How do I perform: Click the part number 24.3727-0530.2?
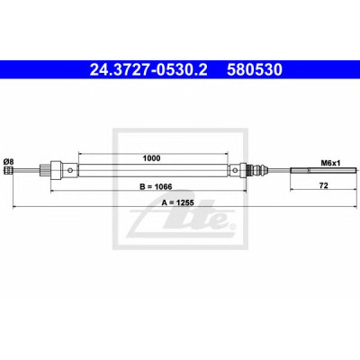pyautogui.click(x=148, y=70)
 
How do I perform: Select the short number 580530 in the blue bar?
pyautogui.click(x=255, y=70)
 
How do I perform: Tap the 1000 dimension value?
pyautogui.click(x=151, y=158)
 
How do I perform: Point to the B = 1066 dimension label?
pyautogui.click(x=156, y=186)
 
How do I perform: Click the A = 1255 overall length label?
pyautogui.click(x=177, y=202)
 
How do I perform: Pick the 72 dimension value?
pyautogui.click(x=324, y=185)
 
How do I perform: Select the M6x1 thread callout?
pyautogui.click(x=330, y=163)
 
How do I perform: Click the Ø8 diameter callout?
pyautogui.click(x=8, y=162)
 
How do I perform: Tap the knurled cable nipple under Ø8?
pyautogui.click(x=8, y=170)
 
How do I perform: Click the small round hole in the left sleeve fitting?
pyautogui.click(x=70, y=170)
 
